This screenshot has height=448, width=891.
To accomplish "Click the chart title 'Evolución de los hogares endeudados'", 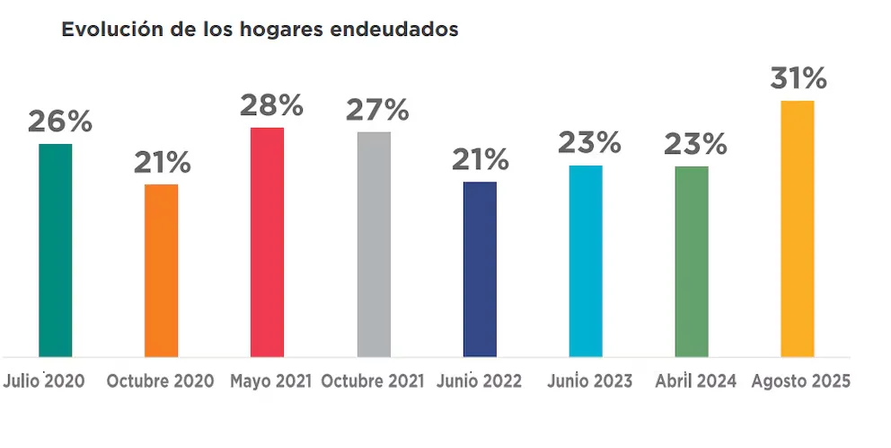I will click(x=260, y=29).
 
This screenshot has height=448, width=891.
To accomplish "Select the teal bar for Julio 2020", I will click(x=56, y=250).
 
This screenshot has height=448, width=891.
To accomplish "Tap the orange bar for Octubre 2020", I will click(x=162, y=270).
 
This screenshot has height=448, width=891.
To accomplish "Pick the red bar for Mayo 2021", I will click(x=268, y=242).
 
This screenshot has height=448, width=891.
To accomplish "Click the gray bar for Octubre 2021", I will click(x=374, y=244).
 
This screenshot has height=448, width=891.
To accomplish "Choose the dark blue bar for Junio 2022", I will click(x=480, y=269).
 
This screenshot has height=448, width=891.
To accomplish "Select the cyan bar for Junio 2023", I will click(x=586, y=261).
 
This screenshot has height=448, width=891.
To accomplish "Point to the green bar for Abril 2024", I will click(x=692, y=261).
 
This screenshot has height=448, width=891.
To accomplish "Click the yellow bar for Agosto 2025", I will click(x=798, y=228).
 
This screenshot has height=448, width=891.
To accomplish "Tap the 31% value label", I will click(x=798, y=78).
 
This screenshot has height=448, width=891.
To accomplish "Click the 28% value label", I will click(x=271, y=105).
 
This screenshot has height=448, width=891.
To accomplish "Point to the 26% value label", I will click(x=60, y=121).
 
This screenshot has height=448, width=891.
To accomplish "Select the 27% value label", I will click(x=377, y=111).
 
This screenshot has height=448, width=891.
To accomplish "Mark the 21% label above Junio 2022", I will click(x=480, y=160).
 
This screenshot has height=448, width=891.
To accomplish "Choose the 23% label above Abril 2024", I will click(x=695, y=144).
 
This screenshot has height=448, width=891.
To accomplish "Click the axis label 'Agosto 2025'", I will click(x=800, y=381).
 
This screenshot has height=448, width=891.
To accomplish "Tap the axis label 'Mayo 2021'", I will click(x=270, y=381).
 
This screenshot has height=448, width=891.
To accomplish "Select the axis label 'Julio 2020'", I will click(x=45, y=381).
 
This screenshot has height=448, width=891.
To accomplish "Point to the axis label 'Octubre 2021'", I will click(x=373, y=381).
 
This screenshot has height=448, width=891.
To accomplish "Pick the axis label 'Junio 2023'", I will click(x=589, y=381).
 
